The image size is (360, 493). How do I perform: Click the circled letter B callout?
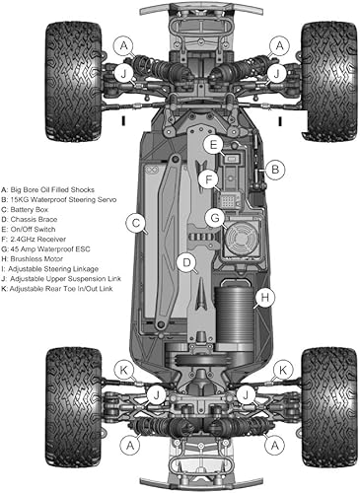click(276, 170)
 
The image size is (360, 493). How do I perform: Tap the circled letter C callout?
click(137, 224)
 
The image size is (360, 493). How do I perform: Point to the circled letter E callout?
click(213, 144)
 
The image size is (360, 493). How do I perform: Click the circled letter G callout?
click(213, 217)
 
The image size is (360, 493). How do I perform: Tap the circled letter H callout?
click(264, 296)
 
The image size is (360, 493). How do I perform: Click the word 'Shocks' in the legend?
click(106, 185)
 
